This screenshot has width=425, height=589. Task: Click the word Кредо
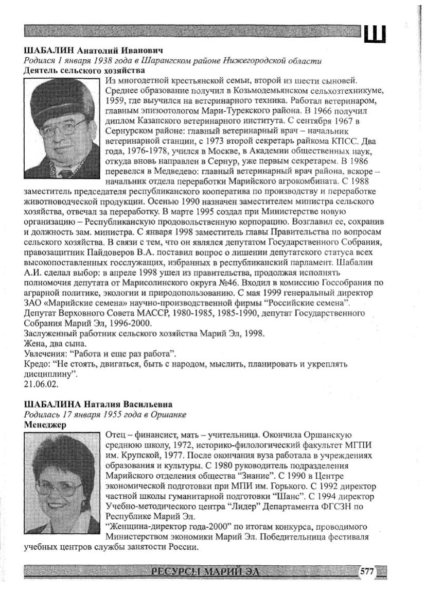point(37,363)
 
